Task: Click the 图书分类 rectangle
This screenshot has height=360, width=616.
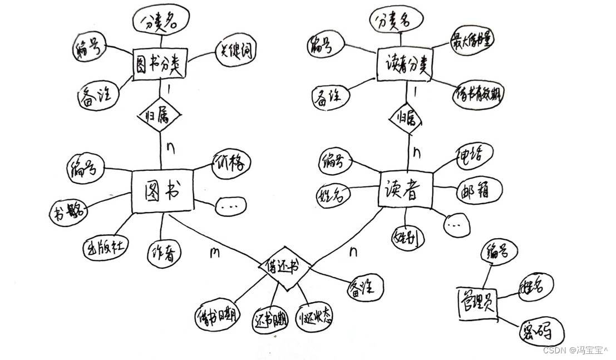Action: [159, 65]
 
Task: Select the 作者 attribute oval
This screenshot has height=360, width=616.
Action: [164, 254]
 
